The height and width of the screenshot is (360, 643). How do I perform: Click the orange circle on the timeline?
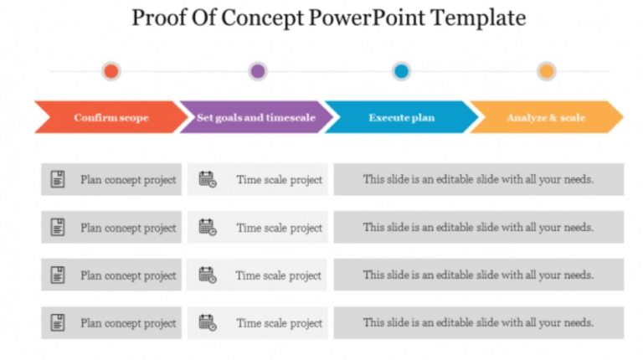tap(111, 71)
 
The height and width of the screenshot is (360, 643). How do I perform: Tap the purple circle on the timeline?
tap(258, 71)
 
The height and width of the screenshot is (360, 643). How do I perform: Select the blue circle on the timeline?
tap(402, 71)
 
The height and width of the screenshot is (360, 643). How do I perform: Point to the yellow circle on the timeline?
tap(547, 71)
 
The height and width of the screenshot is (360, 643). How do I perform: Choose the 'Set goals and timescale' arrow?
tap(255, 118)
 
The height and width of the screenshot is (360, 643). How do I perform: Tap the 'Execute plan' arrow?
tap(401, 118)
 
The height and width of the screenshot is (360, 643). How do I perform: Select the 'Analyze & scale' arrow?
tap(546, 118)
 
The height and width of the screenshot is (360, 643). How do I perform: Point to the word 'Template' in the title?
tap(478, 18)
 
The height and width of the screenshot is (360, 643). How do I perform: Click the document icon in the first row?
tap(58, 179)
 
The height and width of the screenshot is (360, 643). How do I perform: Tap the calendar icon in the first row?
tap(207, 179)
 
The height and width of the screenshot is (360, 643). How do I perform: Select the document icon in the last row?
tap(58, 322)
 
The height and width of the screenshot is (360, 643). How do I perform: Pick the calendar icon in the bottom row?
tap(207, 322)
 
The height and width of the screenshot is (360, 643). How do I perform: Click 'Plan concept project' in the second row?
tap(128, 228)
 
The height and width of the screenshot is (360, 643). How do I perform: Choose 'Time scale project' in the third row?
tap(278, 275)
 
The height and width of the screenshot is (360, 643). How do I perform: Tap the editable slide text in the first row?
tap(478, 179)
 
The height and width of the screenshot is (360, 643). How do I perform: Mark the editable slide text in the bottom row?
tap(478, 322)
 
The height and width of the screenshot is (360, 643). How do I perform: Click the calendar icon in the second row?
tap(207, 227)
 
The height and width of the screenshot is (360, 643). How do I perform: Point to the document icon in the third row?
tap(58, 275)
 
